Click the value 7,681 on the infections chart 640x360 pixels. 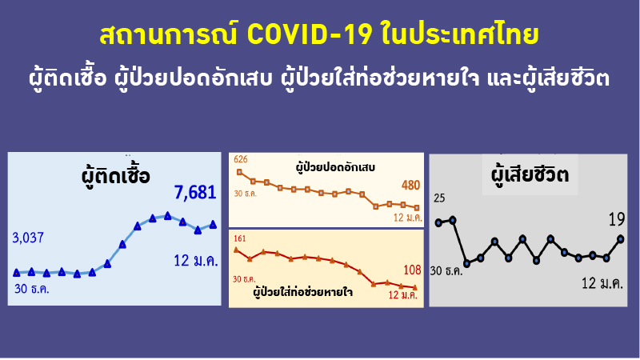click(x=195, y=193)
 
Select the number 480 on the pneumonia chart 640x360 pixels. click(x=410, y=186)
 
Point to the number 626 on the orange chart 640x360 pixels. click(x=240, y=159)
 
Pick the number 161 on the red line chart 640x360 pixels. click(x=240, y=238)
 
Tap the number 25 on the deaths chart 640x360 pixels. click(x=439, y=198)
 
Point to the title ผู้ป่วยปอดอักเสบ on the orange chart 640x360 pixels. click(x=335, y=169)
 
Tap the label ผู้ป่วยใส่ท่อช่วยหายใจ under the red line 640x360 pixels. click(x=303, y=293)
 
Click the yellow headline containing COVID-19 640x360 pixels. click(x=320, y=36)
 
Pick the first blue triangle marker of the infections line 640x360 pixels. click(x=17, y=272)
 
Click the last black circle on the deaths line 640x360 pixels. click(x=621, y=238)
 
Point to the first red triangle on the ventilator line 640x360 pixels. click(x=236, y=250)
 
